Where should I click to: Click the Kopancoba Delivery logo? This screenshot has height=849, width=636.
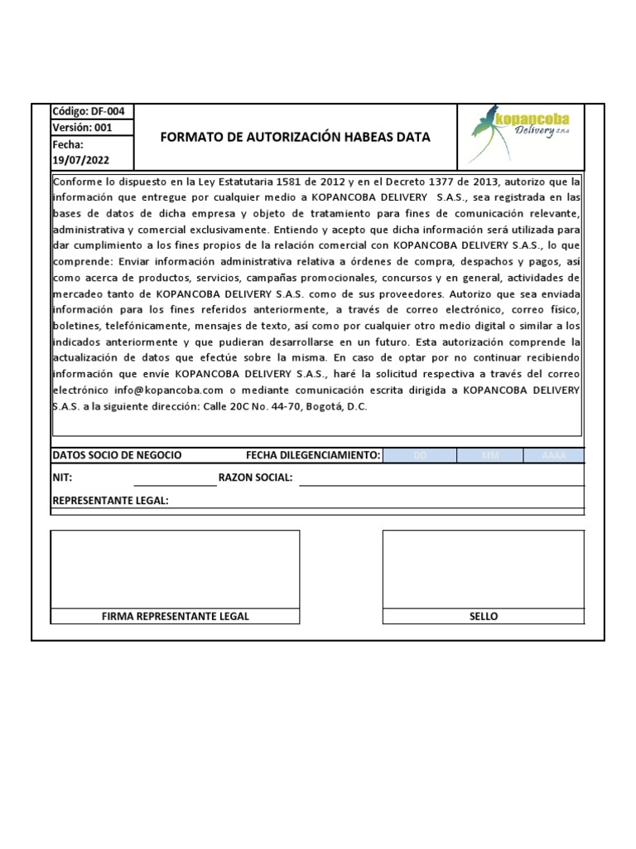[x=521, y=133]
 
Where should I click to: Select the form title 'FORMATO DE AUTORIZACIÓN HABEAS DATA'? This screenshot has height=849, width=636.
[x=295, y=138]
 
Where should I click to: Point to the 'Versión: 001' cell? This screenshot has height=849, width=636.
[x=82, y=128]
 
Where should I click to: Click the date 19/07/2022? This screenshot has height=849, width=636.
[x=80, y=161]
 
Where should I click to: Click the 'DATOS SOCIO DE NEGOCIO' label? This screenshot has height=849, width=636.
[x=117, y=455]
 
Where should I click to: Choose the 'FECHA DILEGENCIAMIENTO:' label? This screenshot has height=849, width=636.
[x=313, y=455]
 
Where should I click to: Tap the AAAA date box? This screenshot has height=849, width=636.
[x=553, y=455]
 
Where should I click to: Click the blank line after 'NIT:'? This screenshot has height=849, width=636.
[x=175, y=478]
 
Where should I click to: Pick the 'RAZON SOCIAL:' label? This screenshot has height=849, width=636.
[x=255, y=478]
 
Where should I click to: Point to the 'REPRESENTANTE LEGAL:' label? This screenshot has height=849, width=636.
[x=110, y=501]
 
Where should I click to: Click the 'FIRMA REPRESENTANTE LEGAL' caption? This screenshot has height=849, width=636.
[x=175, y=616]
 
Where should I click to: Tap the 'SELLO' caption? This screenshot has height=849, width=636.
[x=484, y=616]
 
